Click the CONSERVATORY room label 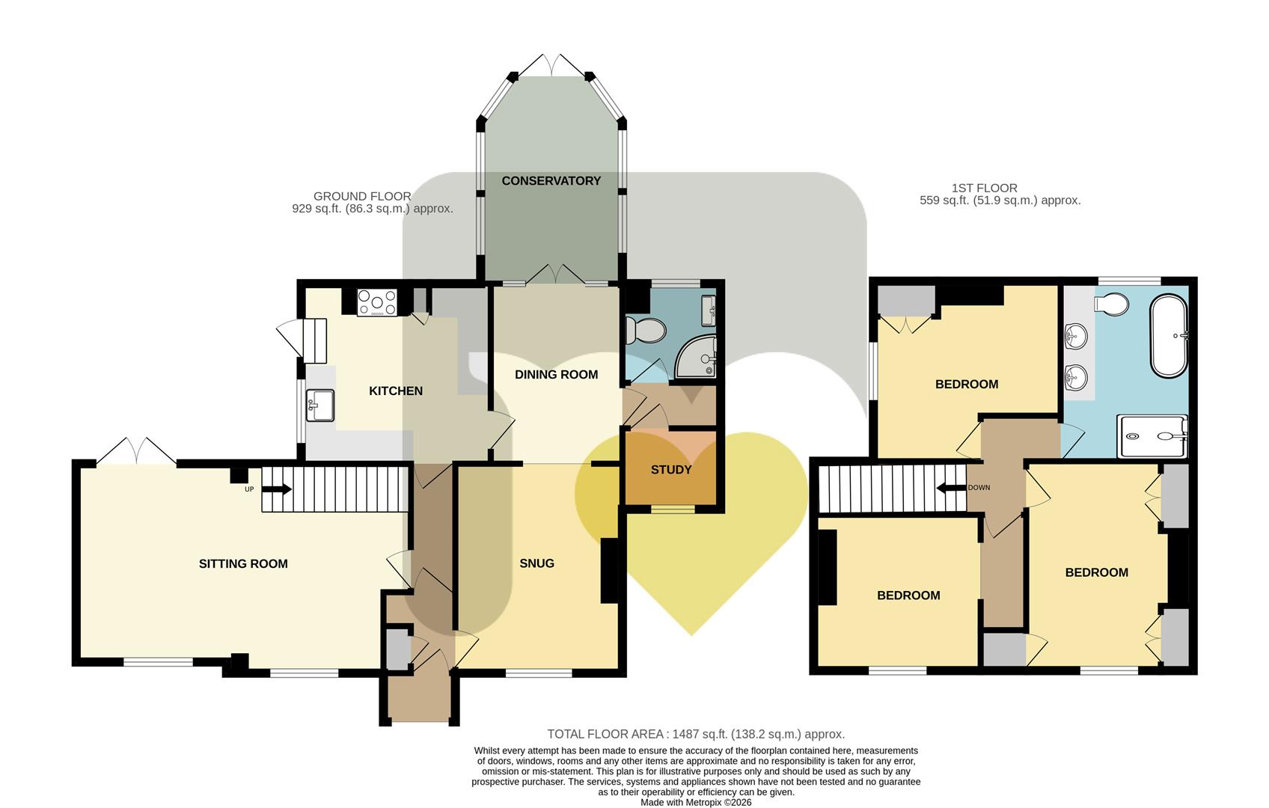click(x=551, y=181)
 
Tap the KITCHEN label click(x=395, y=391)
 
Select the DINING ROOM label click(x=556, y=375)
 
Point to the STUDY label click(x=671, y=470)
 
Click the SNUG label click(x=536, y=563)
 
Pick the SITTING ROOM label click(x=243, y=564)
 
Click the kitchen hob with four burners click(x=377, y=302)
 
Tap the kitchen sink click(x=320, y=405)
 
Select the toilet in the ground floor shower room click(x=645, y=331)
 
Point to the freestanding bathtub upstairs click(x=1168, y=335)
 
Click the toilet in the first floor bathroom click(x=1111, y=304)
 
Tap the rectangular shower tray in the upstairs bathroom click(x=1152, y=435)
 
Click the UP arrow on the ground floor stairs click(x=277, y=489)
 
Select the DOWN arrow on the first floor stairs click(x=951, y=488)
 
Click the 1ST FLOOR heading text click(x=984, y=188)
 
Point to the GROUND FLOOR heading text click(x=362, y=196)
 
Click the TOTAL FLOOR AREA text click(x=605, y=735)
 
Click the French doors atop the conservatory click(x=551, y=65)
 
